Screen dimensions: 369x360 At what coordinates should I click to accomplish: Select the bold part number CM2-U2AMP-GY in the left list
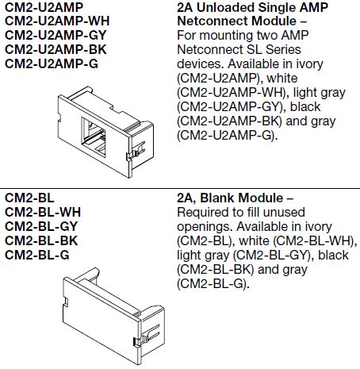[x=56, y=35]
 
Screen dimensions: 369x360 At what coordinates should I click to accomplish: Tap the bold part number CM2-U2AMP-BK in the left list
[x=55, y=49]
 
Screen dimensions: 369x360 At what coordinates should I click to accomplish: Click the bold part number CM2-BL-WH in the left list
[x=43, y=212]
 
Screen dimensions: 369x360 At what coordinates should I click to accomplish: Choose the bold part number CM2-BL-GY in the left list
[x=41, y=225]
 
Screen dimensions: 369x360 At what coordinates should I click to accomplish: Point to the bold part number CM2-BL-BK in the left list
[x=41, y=240]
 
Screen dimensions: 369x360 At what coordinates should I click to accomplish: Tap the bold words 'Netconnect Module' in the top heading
[x=226, y=21]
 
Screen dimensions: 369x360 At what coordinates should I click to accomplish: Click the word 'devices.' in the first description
[x=196, y=64]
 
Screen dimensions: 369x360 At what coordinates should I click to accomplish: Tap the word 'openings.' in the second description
[x=201, y=226]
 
